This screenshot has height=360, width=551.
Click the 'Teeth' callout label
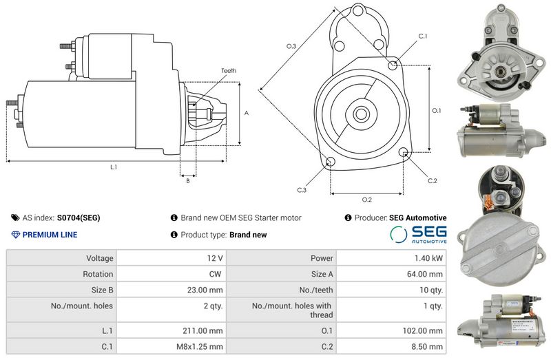point(229,71)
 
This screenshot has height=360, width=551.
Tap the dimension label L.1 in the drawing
point(114,167)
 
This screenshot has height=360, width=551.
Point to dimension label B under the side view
point(188,181)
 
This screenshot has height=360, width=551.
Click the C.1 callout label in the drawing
point(423,36)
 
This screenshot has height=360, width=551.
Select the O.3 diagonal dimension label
point(291,46)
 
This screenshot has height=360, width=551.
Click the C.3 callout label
point(302,190)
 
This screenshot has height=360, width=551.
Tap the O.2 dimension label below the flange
point(367,200)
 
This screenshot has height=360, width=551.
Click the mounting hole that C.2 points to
point(404,152)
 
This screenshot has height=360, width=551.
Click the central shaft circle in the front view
point(361,114)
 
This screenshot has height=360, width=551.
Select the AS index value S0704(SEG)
point(79,218)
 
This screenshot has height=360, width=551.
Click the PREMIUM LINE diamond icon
point(15,235)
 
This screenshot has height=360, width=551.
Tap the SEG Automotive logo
point(419,234)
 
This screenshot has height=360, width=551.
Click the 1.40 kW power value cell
point(391,258)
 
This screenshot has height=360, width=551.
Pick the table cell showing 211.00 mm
point(171,330)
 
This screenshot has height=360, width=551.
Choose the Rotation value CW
point(215,274)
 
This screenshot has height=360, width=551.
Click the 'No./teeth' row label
point(316,290)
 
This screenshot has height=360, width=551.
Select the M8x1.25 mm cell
point(171,347)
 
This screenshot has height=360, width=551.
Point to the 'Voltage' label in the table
point(100,258)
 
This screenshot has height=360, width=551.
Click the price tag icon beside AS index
point(15,218)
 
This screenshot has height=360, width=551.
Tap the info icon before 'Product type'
point(174,235)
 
